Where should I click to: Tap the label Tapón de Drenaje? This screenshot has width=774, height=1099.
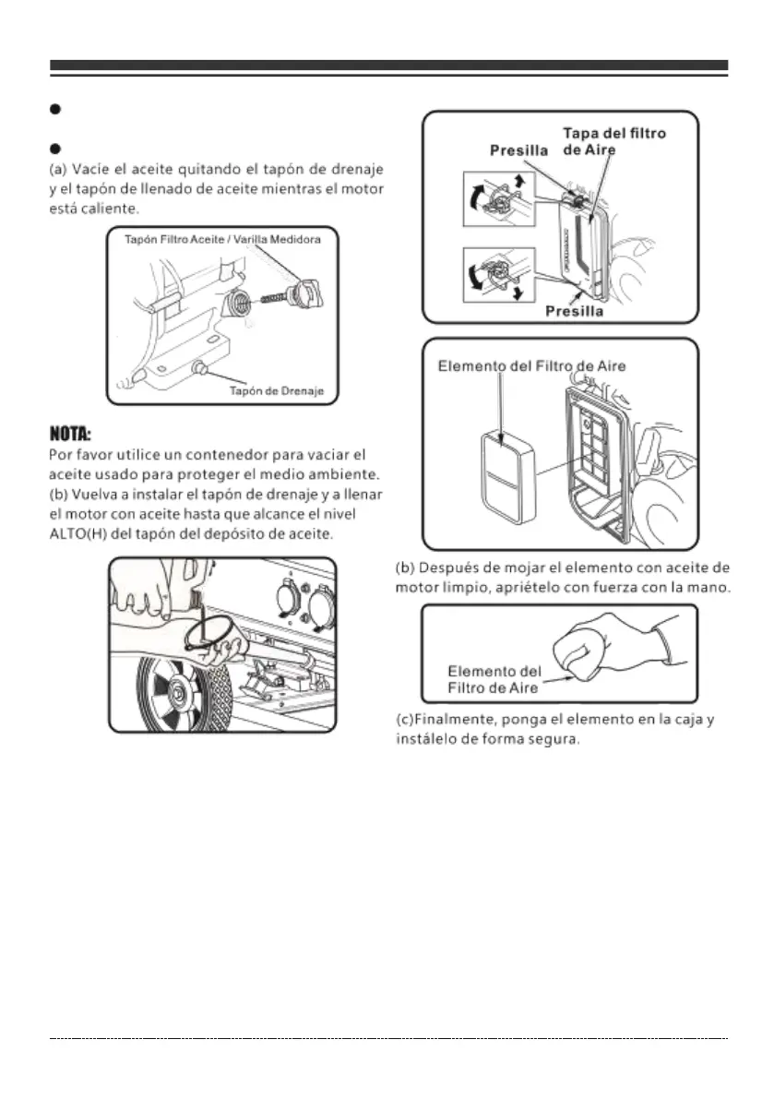click(275, 391)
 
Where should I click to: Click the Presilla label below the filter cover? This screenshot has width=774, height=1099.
click(576, 312)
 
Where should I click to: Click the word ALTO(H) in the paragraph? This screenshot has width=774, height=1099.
click(77, 534)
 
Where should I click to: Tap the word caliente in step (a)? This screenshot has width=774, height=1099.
click(105, 210)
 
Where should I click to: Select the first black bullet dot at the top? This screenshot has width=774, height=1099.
click(55, 109)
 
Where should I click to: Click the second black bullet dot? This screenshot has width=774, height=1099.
click(55, 148)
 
